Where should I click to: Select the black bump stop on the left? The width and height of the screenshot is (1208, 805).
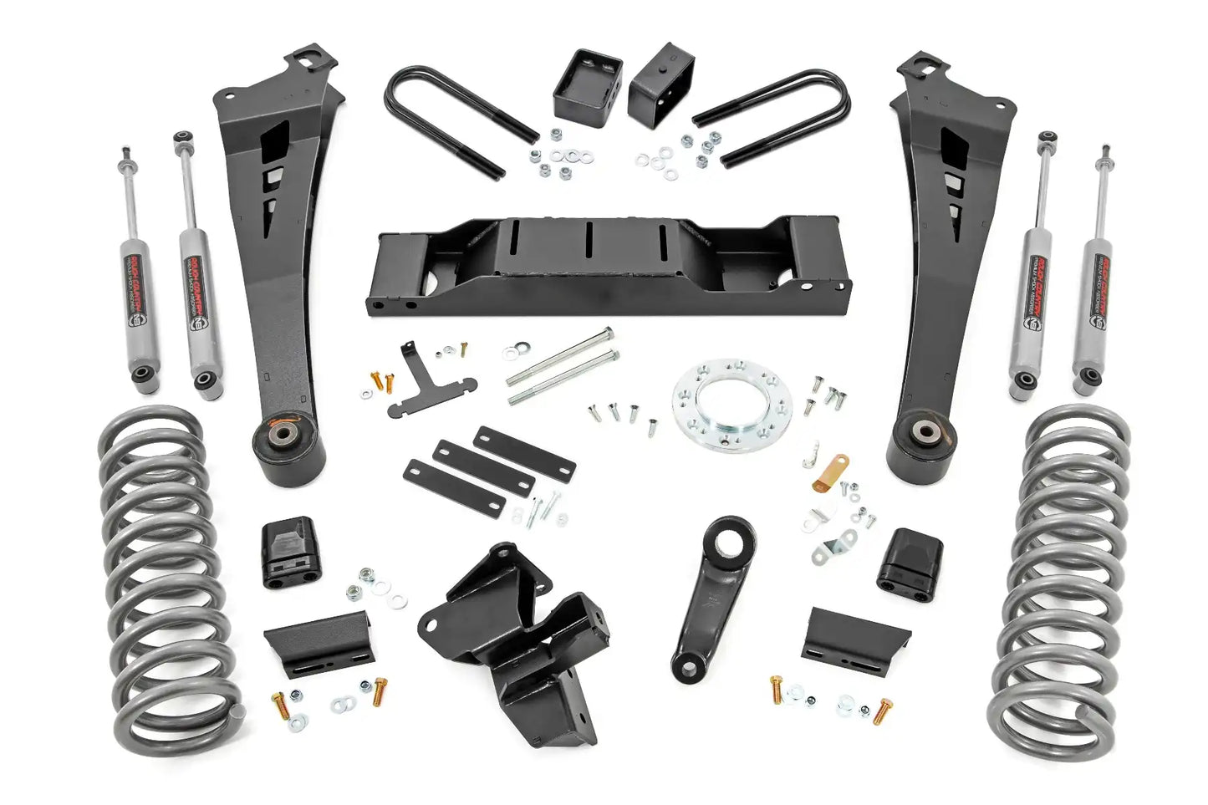pyautogui.click(x=291, y=553)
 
